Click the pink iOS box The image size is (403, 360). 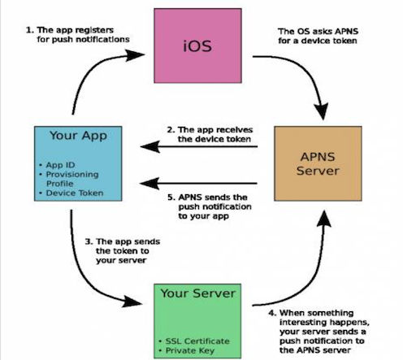coord(197,46)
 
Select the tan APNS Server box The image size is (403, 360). coord(318,163)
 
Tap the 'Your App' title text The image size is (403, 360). coord(78,136)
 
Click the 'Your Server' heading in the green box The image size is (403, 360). coord(198,293)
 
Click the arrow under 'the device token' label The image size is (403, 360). coord(199,147)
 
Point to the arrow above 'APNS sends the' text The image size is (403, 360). coord(199,184)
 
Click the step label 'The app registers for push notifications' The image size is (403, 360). coord(78,35)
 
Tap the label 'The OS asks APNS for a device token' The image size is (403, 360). coord(318,36)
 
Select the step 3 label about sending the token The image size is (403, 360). coord(123,251)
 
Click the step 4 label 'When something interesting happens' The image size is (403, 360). coord(319,332)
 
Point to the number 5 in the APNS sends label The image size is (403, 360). coord(171,197)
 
